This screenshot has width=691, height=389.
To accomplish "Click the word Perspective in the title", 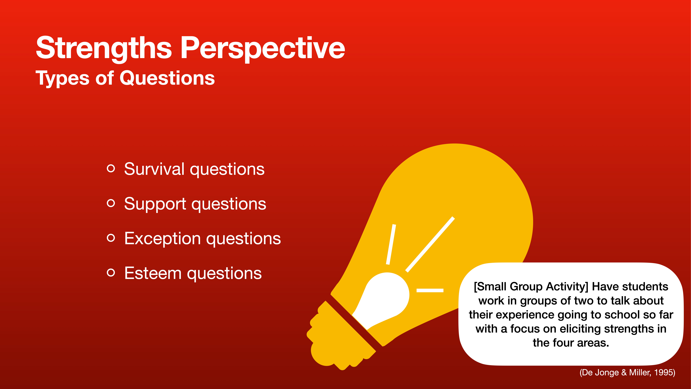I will pos(263,48).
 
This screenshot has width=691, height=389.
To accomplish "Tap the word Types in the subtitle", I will pos(62,78).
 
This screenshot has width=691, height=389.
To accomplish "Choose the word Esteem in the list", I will pos(153,273).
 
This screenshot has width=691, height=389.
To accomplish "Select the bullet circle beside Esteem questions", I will pos(111,272).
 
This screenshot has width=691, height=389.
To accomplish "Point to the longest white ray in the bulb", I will pos(430,244).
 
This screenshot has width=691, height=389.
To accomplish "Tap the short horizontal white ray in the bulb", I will pos(430,290).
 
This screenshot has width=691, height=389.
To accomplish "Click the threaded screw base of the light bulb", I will pos(338,338).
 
